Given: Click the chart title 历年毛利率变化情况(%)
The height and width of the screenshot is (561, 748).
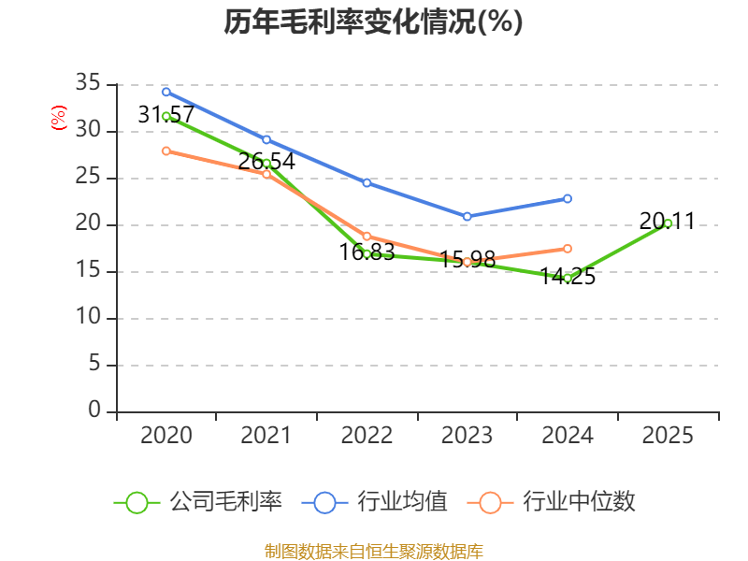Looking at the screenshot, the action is (x=373, y=22).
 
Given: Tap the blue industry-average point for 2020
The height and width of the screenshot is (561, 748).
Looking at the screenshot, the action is (x=166, y=92).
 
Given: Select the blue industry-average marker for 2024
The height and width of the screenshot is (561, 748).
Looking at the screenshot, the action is (x=568, y=198).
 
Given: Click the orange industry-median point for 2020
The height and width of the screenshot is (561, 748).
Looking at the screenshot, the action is (x=166, y=151).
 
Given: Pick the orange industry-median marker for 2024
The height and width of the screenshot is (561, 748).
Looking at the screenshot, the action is (x=568, y=249).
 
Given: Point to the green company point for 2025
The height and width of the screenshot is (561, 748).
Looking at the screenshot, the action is (x=668, y=223).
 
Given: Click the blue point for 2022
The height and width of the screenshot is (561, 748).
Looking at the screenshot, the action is (x=367, y=182).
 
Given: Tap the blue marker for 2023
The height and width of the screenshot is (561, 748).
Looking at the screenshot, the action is (x=467, y=217).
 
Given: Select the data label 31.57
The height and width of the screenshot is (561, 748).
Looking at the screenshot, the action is (x=166, y=114).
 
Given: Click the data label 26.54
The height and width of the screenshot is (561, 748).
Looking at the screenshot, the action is (x=266, y=161).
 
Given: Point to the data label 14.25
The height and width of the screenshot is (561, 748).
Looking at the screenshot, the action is (x=568, y=276).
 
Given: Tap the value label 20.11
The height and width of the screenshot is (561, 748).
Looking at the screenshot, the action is (x=667, y=221).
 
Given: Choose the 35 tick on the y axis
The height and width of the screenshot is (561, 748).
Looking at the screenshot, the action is (x=88, y=83).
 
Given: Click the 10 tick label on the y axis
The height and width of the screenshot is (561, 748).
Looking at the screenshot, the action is (x=88, y=317).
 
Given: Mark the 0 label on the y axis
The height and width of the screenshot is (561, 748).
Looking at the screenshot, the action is (x=94, y=410).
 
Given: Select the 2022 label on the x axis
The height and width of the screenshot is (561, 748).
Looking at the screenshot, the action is (x=367, y=435).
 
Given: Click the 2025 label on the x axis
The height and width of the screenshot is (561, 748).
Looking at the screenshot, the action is (x=668, y=435).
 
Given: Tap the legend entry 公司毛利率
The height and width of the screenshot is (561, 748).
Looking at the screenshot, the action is (x=198, y=502).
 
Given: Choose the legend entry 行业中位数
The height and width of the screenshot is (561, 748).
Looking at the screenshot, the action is (x=551, y=502).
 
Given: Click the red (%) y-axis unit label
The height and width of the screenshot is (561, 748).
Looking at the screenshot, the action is (x=59, y=118).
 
